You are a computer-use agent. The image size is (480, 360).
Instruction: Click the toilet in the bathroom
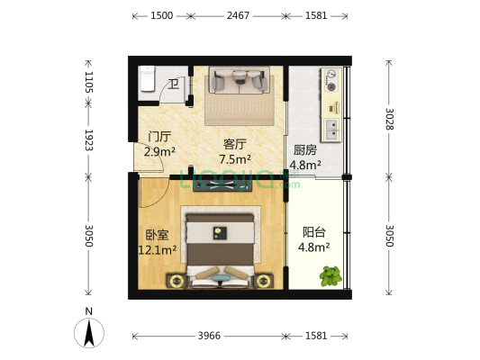[148, 80]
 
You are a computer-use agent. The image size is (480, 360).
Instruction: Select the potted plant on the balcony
[331, 275]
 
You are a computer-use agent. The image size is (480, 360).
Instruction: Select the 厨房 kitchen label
[304, 149]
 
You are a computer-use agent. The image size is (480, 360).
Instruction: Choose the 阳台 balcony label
[314, 230]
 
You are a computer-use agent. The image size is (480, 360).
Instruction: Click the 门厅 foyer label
[158, 137]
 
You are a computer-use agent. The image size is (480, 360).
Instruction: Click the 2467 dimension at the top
[239, 16]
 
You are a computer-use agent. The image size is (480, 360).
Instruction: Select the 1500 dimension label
[162, 16]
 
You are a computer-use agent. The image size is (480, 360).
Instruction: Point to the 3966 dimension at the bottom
[208, 337]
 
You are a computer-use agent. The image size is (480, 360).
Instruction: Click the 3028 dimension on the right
[388, 120]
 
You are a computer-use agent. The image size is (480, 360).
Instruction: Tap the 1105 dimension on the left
[89, 84]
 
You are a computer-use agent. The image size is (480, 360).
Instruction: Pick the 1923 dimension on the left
[89, 140]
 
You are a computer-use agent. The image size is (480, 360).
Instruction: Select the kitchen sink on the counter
[331, 126]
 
